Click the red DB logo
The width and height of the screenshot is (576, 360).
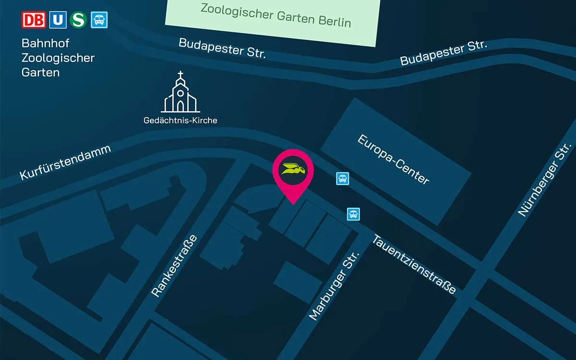tap(34, 20)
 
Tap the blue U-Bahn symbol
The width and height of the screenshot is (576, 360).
tap(58, 20)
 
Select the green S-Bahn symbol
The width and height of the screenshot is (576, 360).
tap(78, 20)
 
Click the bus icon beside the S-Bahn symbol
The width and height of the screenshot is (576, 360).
tap(99, 20)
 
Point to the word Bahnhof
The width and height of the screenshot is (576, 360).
tap(46, 43)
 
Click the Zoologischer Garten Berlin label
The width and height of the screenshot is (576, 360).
tap(275, 15)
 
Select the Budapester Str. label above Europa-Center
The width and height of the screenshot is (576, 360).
tap(443, 53)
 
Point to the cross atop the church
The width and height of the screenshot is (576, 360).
tap(181, 75)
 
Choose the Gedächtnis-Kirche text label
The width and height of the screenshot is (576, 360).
tap(180, 120)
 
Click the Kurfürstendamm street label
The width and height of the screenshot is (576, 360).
tap(65, 162)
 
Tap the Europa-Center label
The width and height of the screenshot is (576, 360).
tap(393, 160)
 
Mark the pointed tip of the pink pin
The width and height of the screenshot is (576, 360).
tap(293, 204)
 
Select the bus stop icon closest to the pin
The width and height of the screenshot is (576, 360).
tap(342, 179)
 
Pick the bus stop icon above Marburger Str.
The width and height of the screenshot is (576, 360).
tap(354, 214)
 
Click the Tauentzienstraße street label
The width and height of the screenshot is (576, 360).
tap(414, 264)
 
